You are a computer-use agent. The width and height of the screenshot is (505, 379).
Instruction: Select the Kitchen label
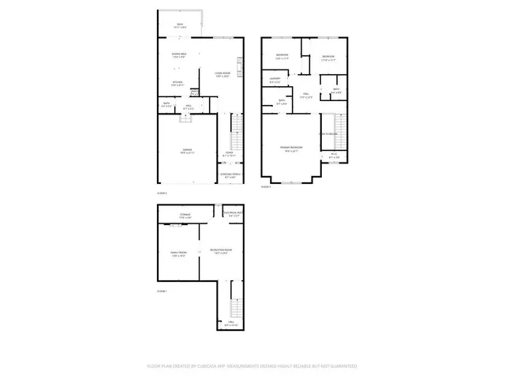tap(178, 83)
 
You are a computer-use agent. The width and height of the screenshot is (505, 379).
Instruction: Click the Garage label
tap(187, 151)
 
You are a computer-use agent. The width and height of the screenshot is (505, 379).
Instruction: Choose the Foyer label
tap(230, 154)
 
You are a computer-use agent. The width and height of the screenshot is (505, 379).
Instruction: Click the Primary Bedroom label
tap(290, 148)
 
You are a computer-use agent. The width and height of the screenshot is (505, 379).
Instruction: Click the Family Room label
tap(178, 254)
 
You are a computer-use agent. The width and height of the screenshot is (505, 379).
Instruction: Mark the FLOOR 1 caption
tap(163, 292)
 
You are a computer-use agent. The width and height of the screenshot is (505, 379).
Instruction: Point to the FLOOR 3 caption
tap(266, 186)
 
